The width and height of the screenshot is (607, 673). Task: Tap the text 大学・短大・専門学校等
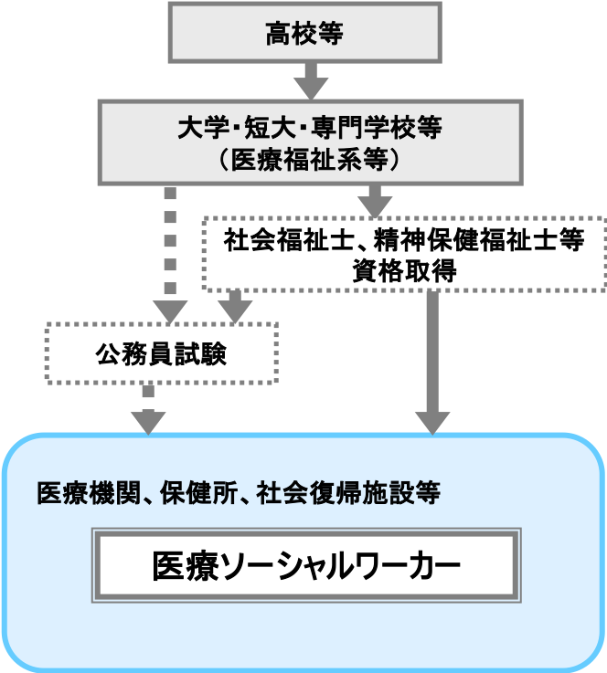click(x=310, y=128)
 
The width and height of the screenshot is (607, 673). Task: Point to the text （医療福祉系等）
click(x=310, y=159)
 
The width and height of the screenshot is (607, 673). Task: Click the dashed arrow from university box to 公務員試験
click(x=170, y=251)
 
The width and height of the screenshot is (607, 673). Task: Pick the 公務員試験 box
click(x=161, y=354)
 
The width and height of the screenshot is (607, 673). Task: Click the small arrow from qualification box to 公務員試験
click(x=236, y=307)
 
